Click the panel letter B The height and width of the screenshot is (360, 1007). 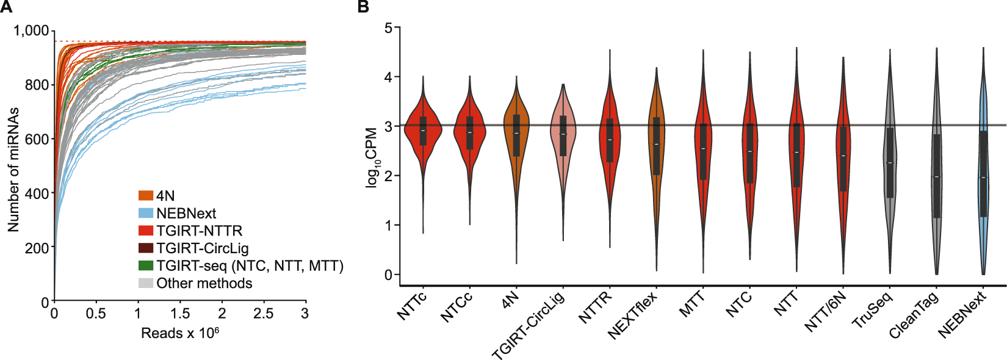coord(363,7)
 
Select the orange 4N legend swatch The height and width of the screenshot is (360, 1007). coord(145,195)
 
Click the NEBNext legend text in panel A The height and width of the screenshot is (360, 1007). coord(186,214)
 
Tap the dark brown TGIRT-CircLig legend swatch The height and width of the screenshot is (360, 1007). coord(145,248)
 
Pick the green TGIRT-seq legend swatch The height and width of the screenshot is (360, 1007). coord(145,265)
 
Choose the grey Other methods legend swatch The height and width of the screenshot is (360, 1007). coord(145,283)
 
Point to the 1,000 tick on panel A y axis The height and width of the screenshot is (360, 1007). coord(31,31)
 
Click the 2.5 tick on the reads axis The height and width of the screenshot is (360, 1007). coord(264,314)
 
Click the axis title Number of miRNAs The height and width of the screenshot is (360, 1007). coord(13,170)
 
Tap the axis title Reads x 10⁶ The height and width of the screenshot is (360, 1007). coord(179,333)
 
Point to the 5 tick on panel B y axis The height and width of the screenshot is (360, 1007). coord(389,28)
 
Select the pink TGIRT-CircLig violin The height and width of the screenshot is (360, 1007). coord(563,140)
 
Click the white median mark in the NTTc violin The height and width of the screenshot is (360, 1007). coord(423,131)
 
